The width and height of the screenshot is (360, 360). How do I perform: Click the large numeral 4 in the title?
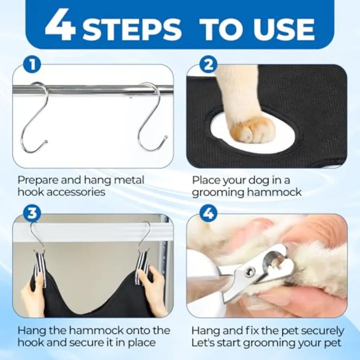pyautogui.click(x=60, y=25)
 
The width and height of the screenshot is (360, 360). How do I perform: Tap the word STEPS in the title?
pyautogui.click(x=132, y=29)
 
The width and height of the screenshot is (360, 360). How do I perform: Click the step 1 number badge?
pyautogui.click(x=32, y=65)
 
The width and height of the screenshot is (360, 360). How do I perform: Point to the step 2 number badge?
pyautogui.click(x=208, y=65)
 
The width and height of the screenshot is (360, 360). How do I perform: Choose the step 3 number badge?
pyautogui.click(x=32, y=213)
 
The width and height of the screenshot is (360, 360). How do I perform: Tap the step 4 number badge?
pyautogui.click(x=208, y=213)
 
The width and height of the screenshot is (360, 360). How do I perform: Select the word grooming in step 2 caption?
pyautogui.click(x=218, y=193)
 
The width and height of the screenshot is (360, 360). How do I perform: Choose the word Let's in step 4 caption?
pyautogui.click(x=202, y=343)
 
